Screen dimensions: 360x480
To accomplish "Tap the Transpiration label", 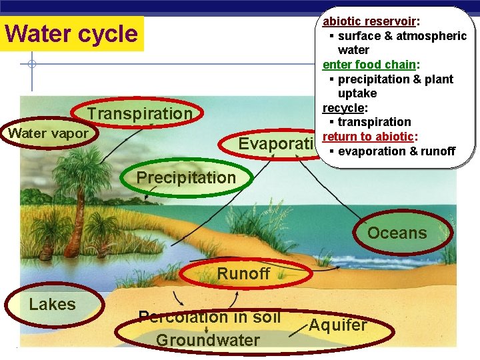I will pos(140,113).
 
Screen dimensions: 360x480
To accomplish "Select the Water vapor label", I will pos(47,133).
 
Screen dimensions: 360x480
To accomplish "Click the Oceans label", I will pos(397,233).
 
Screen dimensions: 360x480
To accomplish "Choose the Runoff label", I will pos(243,273).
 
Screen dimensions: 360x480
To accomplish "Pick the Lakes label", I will pos(52,305).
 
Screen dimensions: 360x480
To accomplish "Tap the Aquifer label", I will pos(337,325).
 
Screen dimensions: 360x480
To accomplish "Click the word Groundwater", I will pos(207,340).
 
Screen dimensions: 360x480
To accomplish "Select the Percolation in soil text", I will pos(209,317).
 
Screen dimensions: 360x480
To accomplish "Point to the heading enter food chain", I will pos(369,65).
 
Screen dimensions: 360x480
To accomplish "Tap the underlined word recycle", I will pos(343,108).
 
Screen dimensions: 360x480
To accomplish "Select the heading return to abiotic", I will pos(369,137).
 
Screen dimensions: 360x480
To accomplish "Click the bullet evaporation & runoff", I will pos(396,151).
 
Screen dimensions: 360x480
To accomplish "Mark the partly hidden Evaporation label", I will pos(276,144).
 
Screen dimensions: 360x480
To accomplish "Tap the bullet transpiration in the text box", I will pos(374,122).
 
